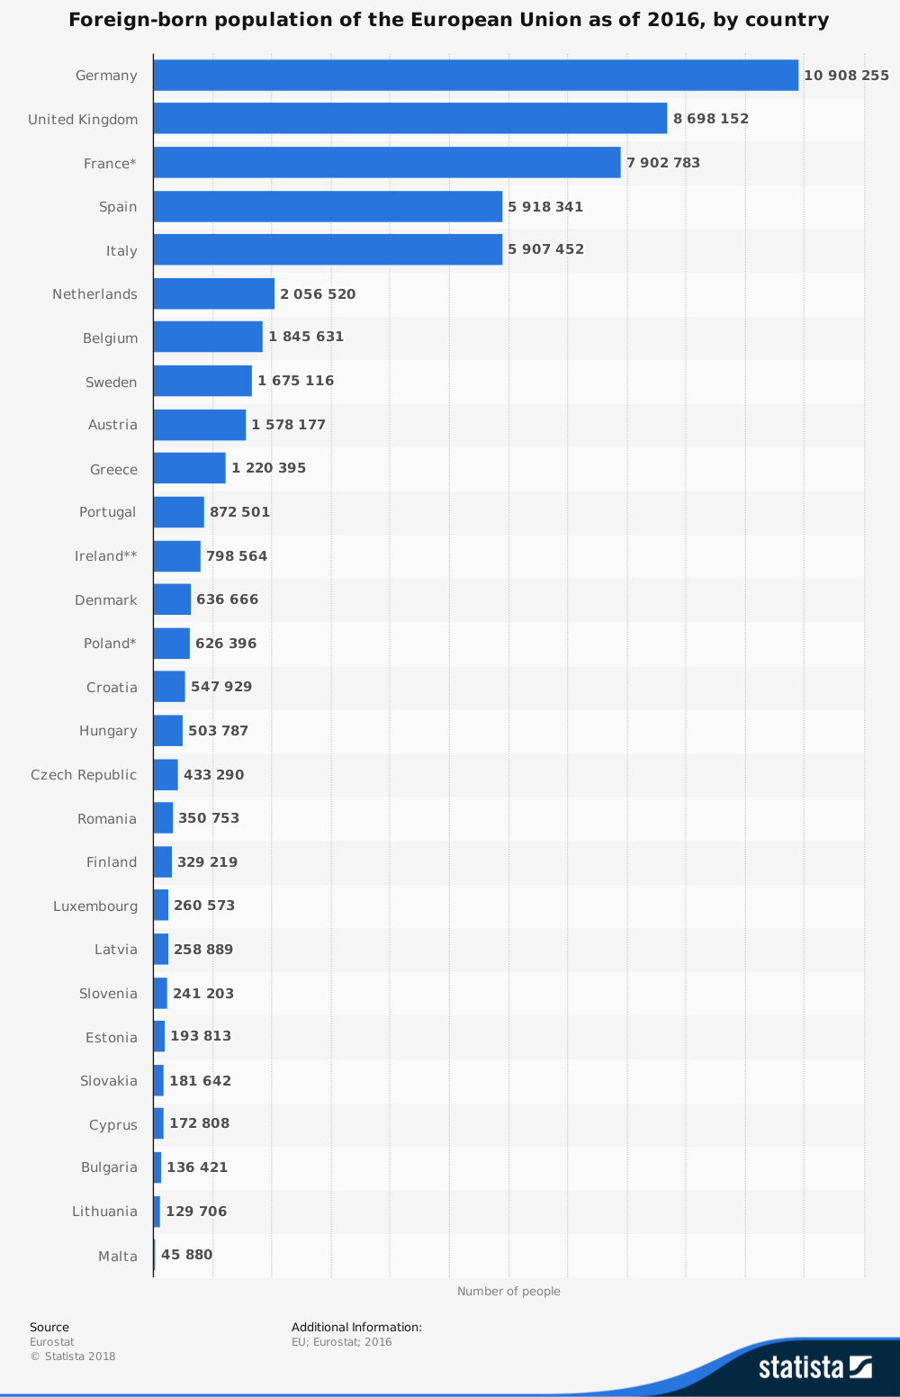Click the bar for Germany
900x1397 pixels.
pyautogui.click(x=475, y=76)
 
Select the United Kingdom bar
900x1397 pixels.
pyautogui.click(x=409, y=119)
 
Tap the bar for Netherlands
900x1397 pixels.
pyautogui.click(x=213, y=293)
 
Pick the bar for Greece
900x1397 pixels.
pyautogui.click(x=189, y=468)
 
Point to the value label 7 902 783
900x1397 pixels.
pyautogui.click(x=663, y=163)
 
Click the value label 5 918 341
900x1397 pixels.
pyautogui.click(x=545, y=207)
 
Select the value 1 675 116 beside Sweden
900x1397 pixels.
pyautogui.click(x=295, y=381)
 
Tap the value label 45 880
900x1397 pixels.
pyautogui.click(x=186, y=1255)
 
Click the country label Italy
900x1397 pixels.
pyautogui.click(x=121, y=251)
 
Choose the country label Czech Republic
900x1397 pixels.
pyautogui.click(x=84, y=775)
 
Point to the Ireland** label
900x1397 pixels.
pyautogui.click(x=106, y=556)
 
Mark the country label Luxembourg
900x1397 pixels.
pyautogui.click(x=95, y=906)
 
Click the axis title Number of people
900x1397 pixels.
pyautogui.click(x=508, y=1292)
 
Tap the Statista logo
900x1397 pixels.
pyautogui.click(x=814, y=1367)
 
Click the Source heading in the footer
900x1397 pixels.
pyautogui.click(x=49, y=1327)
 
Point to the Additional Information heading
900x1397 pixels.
pyautogui.click(x=356, y=1327)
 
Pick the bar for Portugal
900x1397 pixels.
pyautogui.click(x=178, y=512)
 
